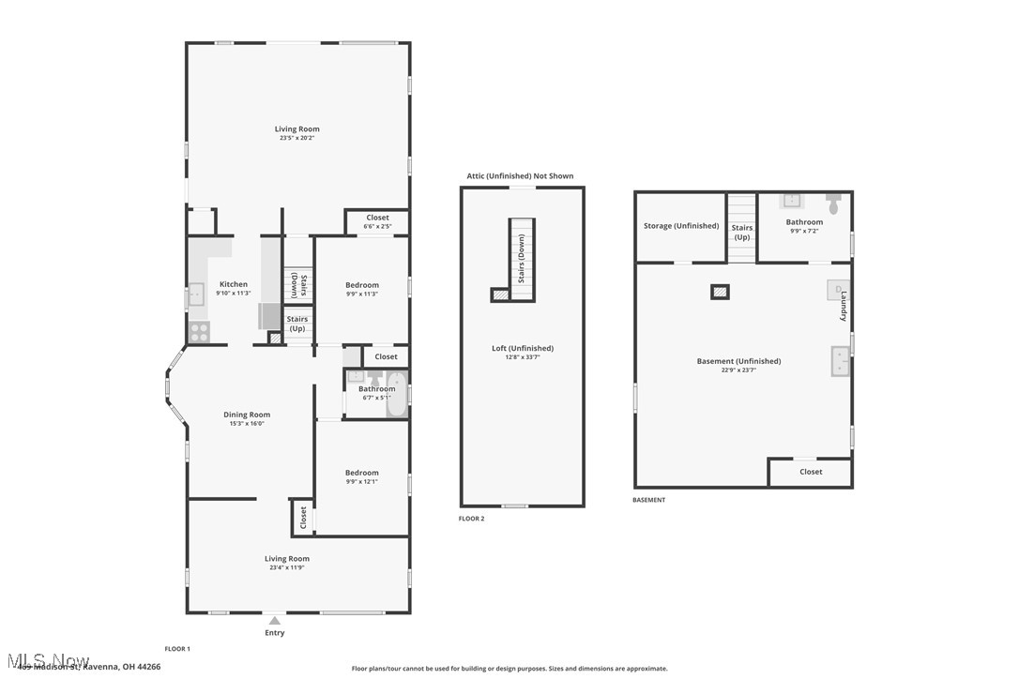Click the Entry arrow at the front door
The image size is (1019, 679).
(274, 620)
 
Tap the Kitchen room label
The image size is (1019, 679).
(234, 284)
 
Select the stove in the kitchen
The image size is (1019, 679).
(199, 331)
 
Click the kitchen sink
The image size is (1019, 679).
(196, 294)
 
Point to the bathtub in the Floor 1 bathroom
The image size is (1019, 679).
(397, 394)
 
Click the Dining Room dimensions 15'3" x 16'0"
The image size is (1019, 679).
(247, 423)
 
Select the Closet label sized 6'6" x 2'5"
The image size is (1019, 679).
(377, 226)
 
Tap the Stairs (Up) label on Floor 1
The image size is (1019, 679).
(297, 324)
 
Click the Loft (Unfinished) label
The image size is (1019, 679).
(523, 348)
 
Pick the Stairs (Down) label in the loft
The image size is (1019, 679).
(522, 259)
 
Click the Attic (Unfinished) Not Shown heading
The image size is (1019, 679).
(520, 176)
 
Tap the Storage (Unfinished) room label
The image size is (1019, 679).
(681, 225)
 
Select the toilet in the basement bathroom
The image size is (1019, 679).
(833, 201)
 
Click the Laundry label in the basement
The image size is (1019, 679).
(844, 307)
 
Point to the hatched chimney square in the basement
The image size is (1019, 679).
(720, 292)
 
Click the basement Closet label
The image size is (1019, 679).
(811, 472)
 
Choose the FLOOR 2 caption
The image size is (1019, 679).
(471, 519)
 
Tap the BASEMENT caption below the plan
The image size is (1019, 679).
(648, 500)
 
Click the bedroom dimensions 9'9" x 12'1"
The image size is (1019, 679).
(362, 482)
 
